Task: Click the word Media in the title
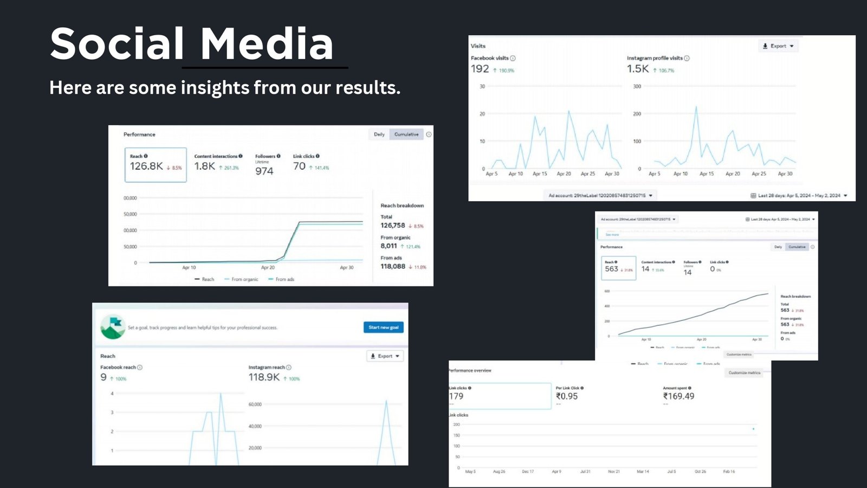coord(267,44)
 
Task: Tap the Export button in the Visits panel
coord(778,46)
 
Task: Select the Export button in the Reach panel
coord(385,356)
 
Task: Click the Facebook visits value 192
coord(480,69)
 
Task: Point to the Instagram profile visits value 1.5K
coord(637,69)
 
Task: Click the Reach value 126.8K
coord(146,166)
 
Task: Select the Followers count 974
coord(264,171)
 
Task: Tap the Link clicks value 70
coord(299,166)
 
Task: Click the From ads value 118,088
coord(393,266)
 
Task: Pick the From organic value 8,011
coord(389,246)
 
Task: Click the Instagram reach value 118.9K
coord(264,377)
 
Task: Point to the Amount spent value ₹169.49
coord(678,396)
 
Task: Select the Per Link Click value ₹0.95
coord(567,396)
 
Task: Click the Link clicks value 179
coord(456,396)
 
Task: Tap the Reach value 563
coord(611,269)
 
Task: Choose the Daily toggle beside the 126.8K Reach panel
coord(379,134)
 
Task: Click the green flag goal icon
coord(113,327)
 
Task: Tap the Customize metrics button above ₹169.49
coord(744,373)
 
